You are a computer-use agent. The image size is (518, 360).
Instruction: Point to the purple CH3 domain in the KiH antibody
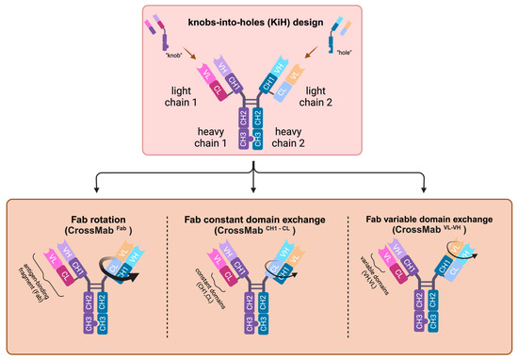[x=247, y=140]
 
